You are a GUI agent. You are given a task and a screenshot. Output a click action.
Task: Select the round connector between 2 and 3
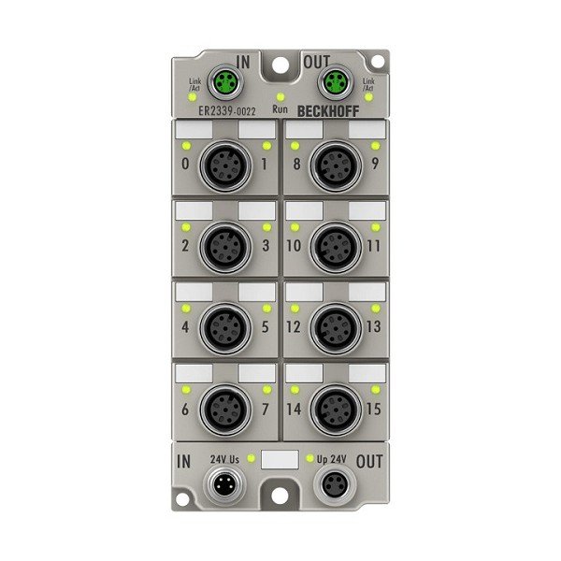(x=224, y=247)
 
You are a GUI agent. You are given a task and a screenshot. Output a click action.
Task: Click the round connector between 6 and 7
(x=224, y=408)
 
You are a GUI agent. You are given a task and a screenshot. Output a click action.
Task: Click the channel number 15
(x=374, y=410)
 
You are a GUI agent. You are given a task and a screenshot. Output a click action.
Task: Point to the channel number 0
(x=186, y=167)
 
